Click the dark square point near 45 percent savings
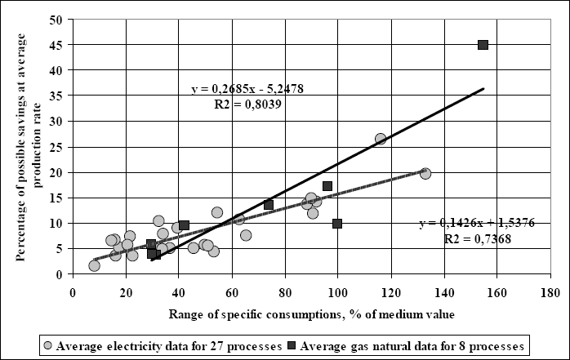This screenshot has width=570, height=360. click(x=483, y=45)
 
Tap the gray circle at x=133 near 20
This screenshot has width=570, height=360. click(x=425, y=173)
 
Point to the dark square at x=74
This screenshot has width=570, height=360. click(x=269, y=204)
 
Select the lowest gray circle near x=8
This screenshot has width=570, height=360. click(x=94, y=265)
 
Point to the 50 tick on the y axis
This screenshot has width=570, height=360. click(x=59, y=19)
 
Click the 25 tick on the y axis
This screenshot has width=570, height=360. click(x=59, y=147)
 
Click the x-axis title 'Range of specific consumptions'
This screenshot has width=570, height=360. click(x=311, y=313)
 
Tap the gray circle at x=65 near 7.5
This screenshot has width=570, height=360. click(x=246, y=235)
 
